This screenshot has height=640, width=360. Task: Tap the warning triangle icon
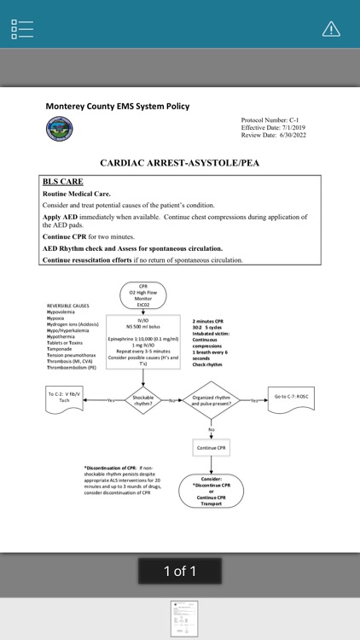click(331, 28)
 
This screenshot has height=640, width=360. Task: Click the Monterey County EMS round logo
click(59, 130)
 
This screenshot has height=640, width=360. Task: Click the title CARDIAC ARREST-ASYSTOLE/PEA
click(179, 161)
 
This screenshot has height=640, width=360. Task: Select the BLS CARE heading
click(63, 182)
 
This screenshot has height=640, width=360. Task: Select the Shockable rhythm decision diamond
click(143, 399)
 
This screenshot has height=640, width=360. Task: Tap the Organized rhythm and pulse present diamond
click(212, 399)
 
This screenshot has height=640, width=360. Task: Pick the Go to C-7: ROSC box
click(292, 397)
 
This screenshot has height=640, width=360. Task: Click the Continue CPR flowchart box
click(212, 447)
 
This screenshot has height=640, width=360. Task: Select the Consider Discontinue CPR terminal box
click(212, 490)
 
